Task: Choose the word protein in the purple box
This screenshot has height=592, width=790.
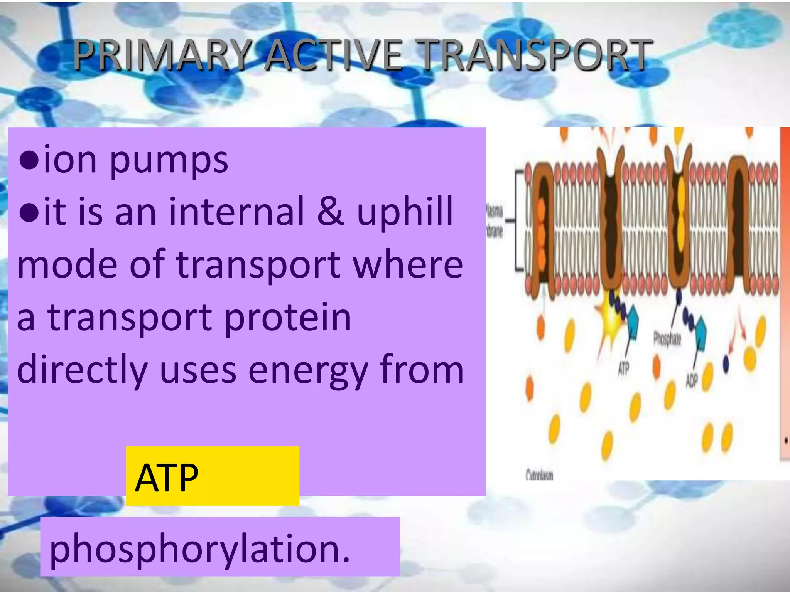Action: click(x=287, y=318)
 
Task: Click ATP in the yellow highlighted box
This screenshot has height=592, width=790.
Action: click(x=167, y=478)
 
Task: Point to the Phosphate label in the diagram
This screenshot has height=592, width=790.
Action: click(x=667, y=339)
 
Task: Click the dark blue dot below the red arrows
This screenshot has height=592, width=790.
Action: click(x=726, y=364)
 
